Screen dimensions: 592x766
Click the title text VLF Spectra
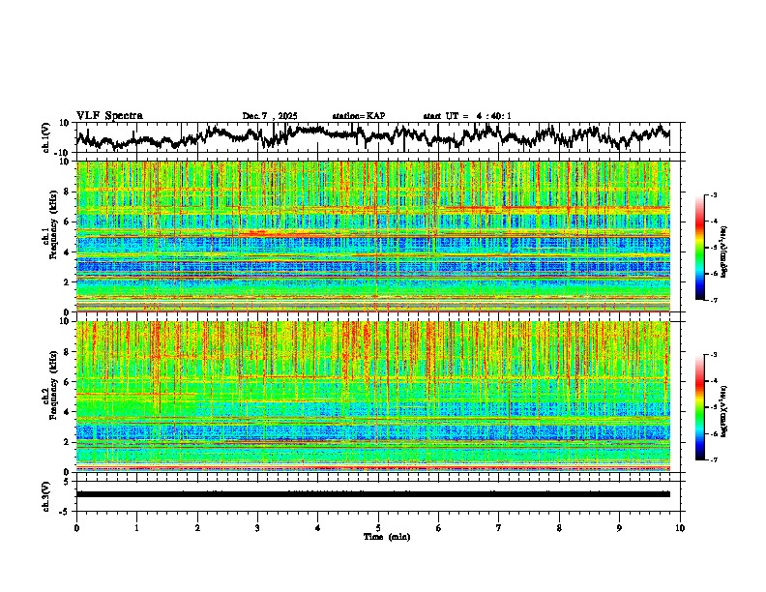coord(109,116)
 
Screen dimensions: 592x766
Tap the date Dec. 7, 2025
coord(273,116)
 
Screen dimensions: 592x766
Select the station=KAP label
coord(358,116)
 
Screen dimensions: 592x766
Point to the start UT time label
coord(467,116)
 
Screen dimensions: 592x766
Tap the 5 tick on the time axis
coord(378,527)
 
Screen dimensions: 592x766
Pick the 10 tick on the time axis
coord(680,527)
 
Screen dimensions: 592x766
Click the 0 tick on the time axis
coord(76,527)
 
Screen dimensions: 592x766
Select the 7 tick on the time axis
coord(499,527)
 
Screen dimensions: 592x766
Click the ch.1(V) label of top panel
coord(46,138)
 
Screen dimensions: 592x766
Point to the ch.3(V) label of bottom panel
coord(46,494)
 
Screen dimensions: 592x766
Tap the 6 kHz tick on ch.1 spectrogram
coord(68,222)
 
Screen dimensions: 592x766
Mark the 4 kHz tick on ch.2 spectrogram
coord(68,411)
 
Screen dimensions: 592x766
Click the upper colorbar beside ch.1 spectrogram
coord(710,248)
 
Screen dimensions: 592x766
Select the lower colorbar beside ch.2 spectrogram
coord(710,407)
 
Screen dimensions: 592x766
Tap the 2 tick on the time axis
coord(197,527)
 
